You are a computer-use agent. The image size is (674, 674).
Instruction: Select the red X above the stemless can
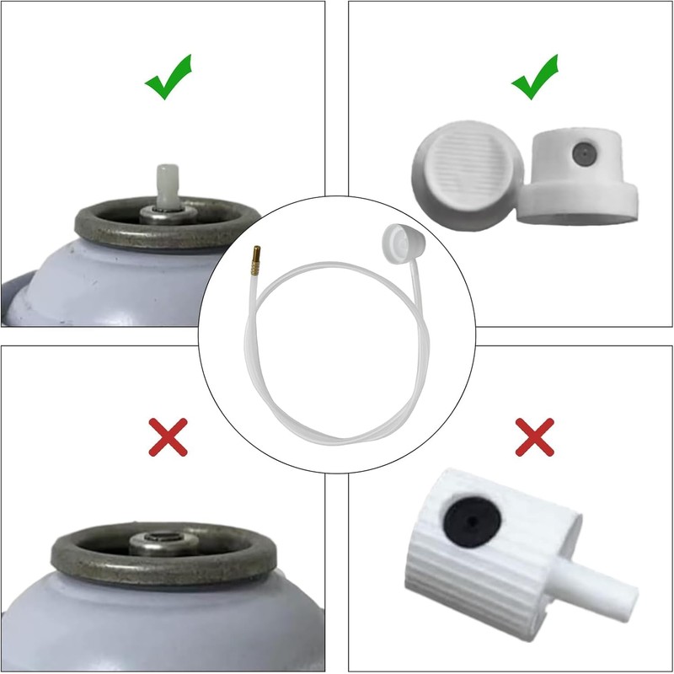[x=168, y=437]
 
